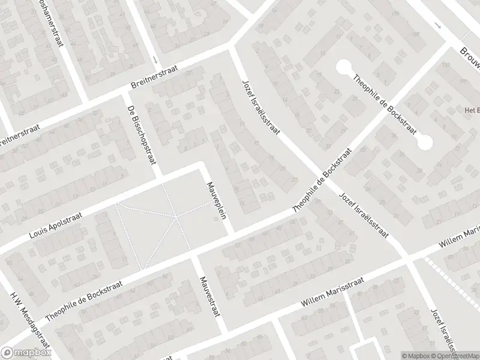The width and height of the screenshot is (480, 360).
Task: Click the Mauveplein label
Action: [x=217, y=200]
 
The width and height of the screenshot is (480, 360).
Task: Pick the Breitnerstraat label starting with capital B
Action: [x=154, y=82]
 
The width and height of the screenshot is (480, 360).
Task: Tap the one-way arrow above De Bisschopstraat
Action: [x=155, y=60]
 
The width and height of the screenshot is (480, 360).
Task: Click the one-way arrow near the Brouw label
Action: [x=438, y=27]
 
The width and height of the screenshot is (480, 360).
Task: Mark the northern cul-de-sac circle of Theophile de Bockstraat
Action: [x=344, y=66]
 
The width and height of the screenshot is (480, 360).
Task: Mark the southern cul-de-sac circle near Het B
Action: [x=425, y=143]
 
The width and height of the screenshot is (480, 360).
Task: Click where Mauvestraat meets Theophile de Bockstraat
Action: [x=193, y=256]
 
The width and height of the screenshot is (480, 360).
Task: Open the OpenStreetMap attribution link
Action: [x=453, y=356]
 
